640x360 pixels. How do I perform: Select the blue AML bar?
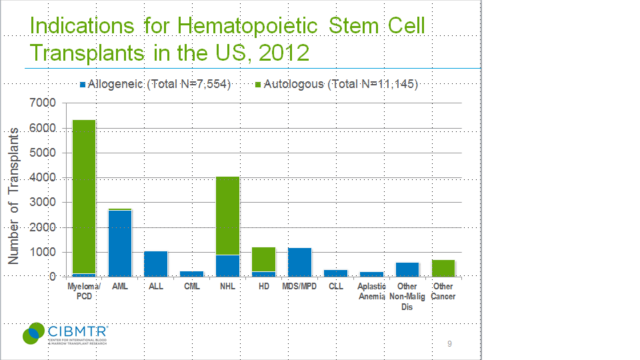120,243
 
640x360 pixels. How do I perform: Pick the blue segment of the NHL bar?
228,266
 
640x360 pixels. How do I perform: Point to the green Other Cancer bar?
443,268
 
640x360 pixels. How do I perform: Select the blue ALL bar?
156,264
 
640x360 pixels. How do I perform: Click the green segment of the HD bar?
263,259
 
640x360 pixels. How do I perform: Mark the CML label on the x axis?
192,287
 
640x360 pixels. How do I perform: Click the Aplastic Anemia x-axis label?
371,292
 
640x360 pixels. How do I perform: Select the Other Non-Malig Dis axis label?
407,297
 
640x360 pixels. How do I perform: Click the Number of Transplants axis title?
14,196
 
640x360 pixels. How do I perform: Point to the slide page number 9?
449,344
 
